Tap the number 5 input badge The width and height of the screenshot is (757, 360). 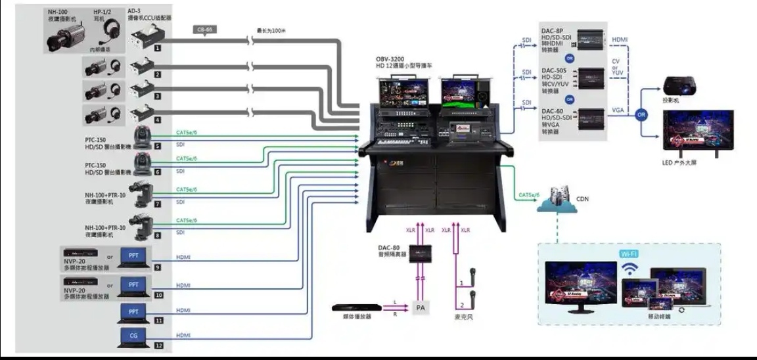tap(158, 146)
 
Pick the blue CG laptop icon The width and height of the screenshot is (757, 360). tap(133, 337)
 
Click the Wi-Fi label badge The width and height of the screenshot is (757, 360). tap(629, 253)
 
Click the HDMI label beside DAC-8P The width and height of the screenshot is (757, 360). tap(620, 39)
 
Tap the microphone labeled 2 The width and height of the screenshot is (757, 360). tap(471, 296)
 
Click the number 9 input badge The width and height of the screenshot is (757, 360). tap(158, 267)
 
